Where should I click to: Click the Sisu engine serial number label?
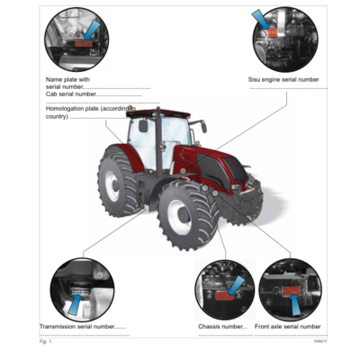point(283,79)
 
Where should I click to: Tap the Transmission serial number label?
point(83,326)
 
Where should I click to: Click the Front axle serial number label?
point(287,326)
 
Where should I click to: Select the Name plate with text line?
point(67,79)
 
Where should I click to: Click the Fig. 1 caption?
point(46,343)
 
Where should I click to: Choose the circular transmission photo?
point(82,287)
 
